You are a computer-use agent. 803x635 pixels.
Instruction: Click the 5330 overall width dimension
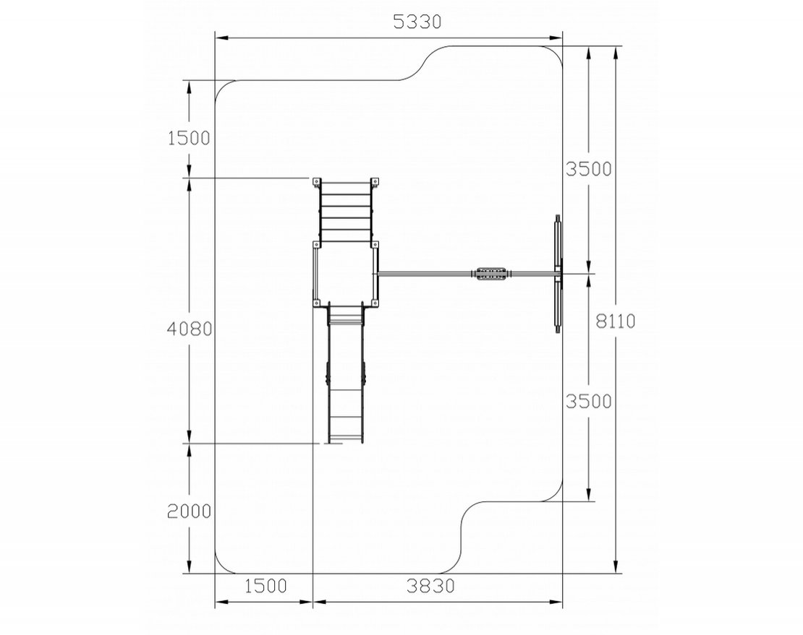click(417, 22)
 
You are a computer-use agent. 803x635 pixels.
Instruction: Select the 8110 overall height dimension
click(616, 321)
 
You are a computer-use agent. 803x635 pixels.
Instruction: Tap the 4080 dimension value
click(190, 329)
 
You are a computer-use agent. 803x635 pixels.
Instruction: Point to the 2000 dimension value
click(189, 511)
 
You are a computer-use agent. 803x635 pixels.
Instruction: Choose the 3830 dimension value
click(430, 586)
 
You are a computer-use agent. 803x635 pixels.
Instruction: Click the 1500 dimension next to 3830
click(265, 586)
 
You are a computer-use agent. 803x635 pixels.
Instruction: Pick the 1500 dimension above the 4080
click(189, 138)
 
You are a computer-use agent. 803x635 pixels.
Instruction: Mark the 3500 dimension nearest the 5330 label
click(588, 169)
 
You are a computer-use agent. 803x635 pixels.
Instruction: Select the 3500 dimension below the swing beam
click(588, 402)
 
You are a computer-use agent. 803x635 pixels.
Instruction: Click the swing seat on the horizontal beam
click(490, 274)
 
